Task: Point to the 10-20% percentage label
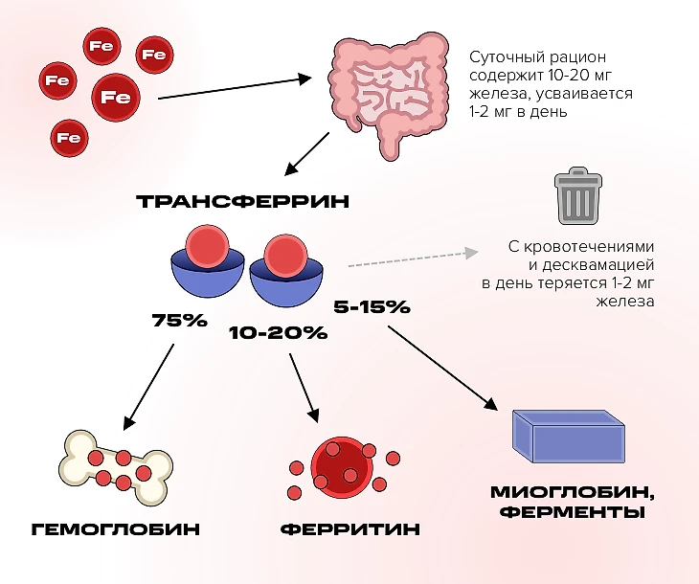pos(278,333)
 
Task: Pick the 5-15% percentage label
pos(372,307)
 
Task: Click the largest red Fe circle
pos(116,97)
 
